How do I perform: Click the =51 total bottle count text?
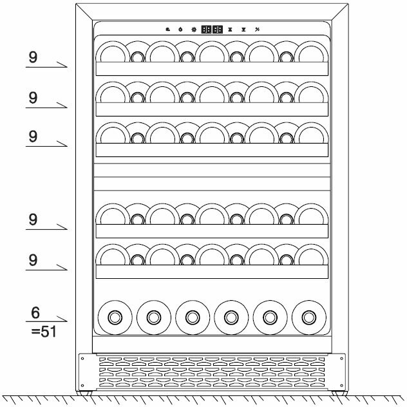43,332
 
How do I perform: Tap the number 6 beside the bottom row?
35,313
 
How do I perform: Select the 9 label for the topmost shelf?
33,57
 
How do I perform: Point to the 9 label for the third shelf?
33,136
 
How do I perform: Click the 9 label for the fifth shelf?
33,260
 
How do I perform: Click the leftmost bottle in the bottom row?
115,317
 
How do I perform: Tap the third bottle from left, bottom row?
192,317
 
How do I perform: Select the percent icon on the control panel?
257,29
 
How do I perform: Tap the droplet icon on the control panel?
180,29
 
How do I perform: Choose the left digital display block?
207,29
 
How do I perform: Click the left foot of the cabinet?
83,392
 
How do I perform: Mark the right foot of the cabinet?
337,392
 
